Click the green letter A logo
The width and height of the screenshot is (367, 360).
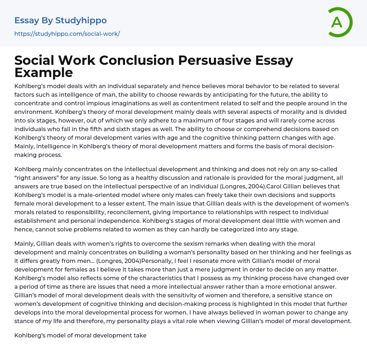pos(340,22)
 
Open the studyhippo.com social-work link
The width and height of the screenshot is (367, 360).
pos(67,34)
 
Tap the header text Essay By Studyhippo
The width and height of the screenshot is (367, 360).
pos(61,20)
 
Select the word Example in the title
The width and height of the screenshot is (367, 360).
pos(44,72)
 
